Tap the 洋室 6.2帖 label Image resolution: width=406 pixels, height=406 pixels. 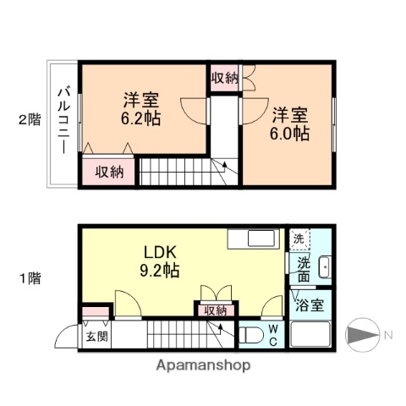tap(141, 107)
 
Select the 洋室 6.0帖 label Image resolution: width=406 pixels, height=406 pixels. tap(289, 123)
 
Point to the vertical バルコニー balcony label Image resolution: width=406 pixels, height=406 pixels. tap(63, 120)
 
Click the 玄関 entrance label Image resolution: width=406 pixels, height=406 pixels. tap(96, 337)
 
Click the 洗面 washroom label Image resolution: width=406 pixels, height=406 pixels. tap(303, 269)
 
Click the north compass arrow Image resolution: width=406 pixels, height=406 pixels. tap(362, 335)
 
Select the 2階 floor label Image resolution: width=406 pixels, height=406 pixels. tap(29, 120)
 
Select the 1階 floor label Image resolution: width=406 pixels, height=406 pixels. tap(29, 277)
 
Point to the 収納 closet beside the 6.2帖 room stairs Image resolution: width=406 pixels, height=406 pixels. tap(109, 172)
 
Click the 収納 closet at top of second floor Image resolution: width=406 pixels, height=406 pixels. tap(224, 78)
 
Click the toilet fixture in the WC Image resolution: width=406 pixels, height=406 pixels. tap(252, 333)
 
